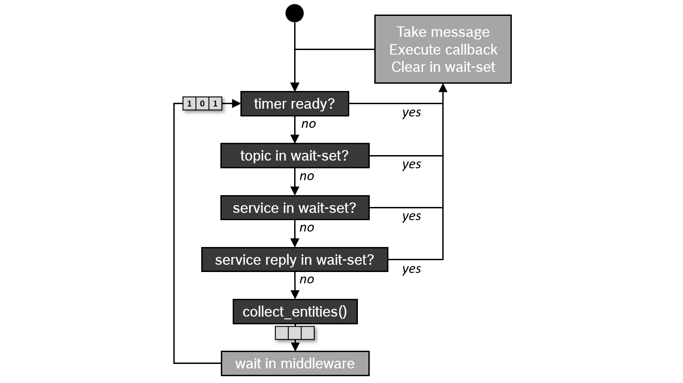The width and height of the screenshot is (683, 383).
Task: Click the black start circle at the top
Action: point(295,13)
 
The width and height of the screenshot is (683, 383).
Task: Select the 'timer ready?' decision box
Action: point(294,104)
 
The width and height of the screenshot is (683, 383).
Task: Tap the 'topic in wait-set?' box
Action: point(295,156)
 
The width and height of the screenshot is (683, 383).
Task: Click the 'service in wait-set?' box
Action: point(295,208)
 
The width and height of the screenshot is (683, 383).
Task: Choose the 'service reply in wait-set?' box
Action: point(295,260)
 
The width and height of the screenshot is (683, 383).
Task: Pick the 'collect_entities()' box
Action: point(295,312)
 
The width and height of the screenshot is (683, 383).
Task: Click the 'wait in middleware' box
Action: point(295,363)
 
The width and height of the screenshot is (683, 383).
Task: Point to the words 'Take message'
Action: point(443,32)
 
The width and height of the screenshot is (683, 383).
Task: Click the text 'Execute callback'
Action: point(443,49)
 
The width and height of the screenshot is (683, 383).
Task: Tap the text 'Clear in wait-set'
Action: point(443,67)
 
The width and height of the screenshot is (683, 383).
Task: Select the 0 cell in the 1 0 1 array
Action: point(202,104)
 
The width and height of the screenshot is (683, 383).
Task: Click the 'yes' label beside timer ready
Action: point(411,112)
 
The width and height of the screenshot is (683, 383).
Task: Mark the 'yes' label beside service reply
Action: point(411,269)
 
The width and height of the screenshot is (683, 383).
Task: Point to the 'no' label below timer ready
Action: point(308,124)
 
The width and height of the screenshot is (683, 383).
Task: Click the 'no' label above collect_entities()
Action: point(306,279)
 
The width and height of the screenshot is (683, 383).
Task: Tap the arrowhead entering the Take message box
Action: point(443,88)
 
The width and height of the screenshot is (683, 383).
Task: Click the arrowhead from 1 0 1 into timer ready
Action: point(236,104)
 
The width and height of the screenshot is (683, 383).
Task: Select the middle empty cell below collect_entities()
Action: point(295,333)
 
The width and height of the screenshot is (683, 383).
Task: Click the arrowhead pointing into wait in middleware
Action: point(295,347)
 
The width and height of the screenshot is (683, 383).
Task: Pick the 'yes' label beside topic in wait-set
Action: point(411,164)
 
